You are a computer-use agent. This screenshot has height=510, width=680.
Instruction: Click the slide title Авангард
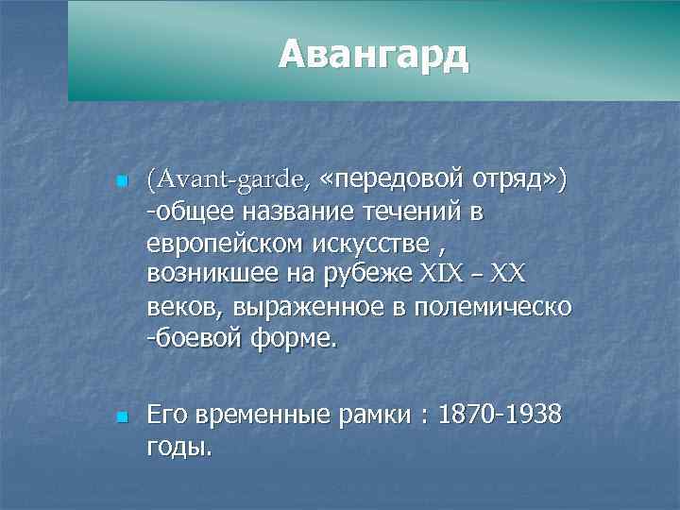[x=373, y=56]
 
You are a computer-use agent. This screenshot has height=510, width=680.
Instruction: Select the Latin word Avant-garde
[x=228, y=178]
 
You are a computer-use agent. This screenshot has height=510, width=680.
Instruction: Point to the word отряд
[x=515, y=178]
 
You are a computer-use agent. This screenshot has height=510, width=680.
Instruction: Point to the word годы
[x=179, y=448]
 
